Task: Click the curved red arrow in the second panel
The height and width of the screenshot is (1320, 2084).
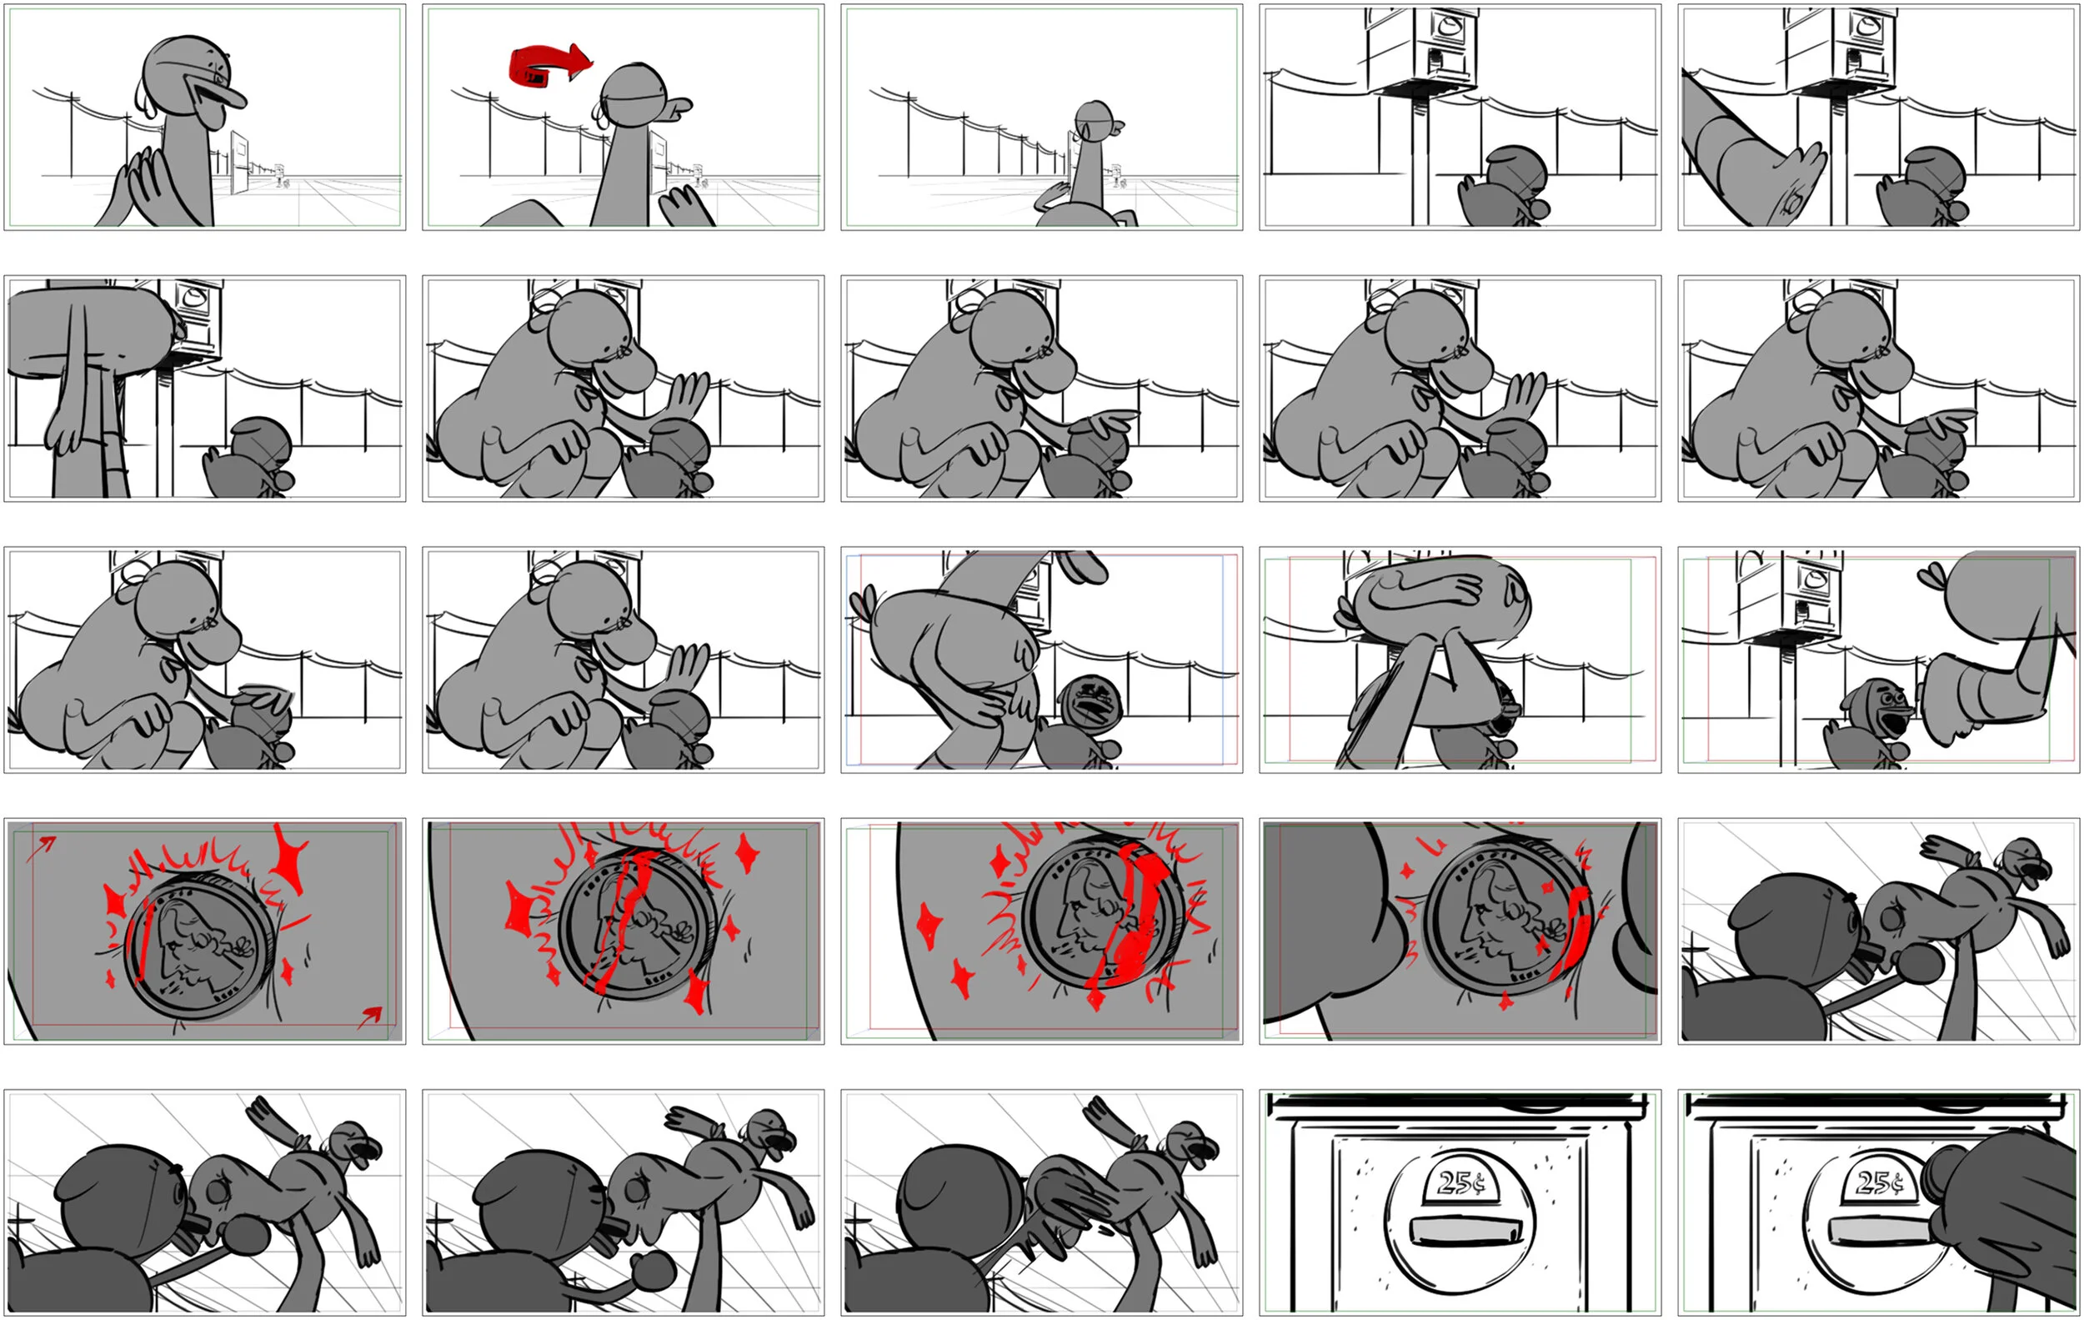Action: coord(549,66)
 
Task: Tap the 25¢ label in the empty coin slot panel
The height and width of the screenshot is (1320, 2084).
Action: coord(1460,1182)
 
